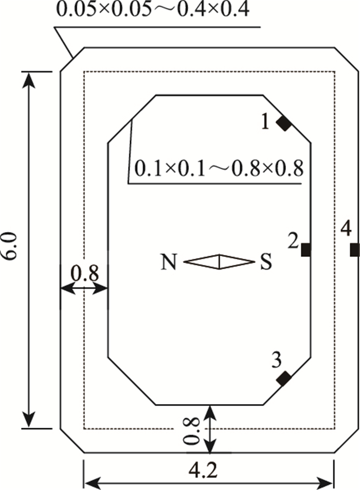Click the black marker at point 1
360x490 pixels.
(x=283, y=123)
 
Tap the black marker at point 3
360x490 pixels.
(x=283, y=379)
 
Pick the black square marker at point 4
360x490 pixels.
(x=354, y=250)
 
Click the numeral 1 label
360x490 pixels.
(x=265, y=121)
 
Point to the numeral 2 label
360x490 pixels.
(x=293, y=241)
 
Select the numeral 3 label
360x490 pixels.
(x=276, y=361)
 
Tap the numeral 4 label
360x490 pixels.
(x=346, y=227)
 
